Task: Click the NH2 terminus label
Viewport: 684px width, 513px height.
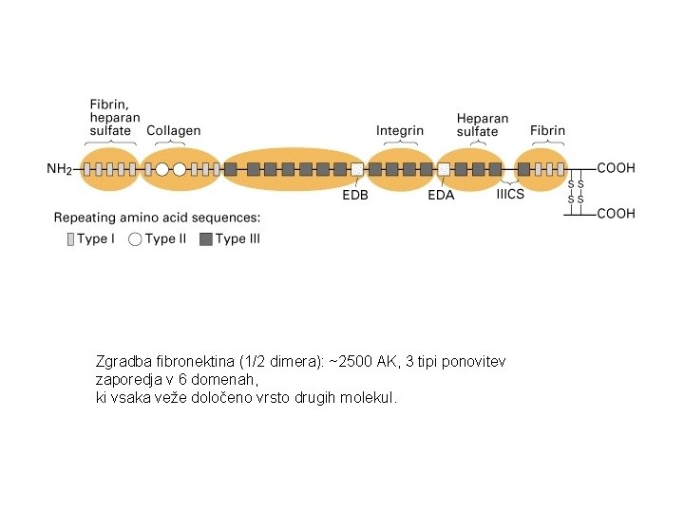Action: click(x=59, y=170)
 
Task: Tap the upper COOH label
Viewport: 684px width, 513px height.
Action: click(x=616, y=168)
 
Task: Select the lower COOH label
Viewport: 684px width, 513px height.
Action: click(x=616, y=213)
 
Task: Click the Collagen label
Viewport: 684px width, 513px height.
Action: click(x=173, y=130)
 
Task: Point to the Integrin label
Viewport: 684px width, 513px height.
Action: click(x=400, y=130)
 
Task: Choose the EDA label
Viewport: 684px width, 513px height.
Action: click(x=441, y=196)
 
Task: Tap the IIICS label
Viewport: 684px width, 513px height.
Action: click(x=510, y=195)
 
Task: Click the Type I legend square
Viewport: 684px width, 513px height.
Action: click(x=69, y=239)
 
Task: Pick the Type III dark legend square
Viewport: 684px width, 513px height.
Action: click(x=205, y=239)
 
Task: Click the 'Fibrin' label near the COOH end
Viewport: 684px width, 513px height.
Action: click(x=547, y=130)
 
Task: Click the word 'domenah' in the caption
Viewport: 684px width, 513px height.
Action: click(x=226, y=379)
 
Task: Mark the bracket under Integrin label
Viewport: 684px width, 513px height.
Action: click(x=400, y=142)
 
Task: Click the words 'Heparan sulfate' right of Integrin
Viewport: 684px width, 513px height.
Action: click(x=482, y=124)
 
